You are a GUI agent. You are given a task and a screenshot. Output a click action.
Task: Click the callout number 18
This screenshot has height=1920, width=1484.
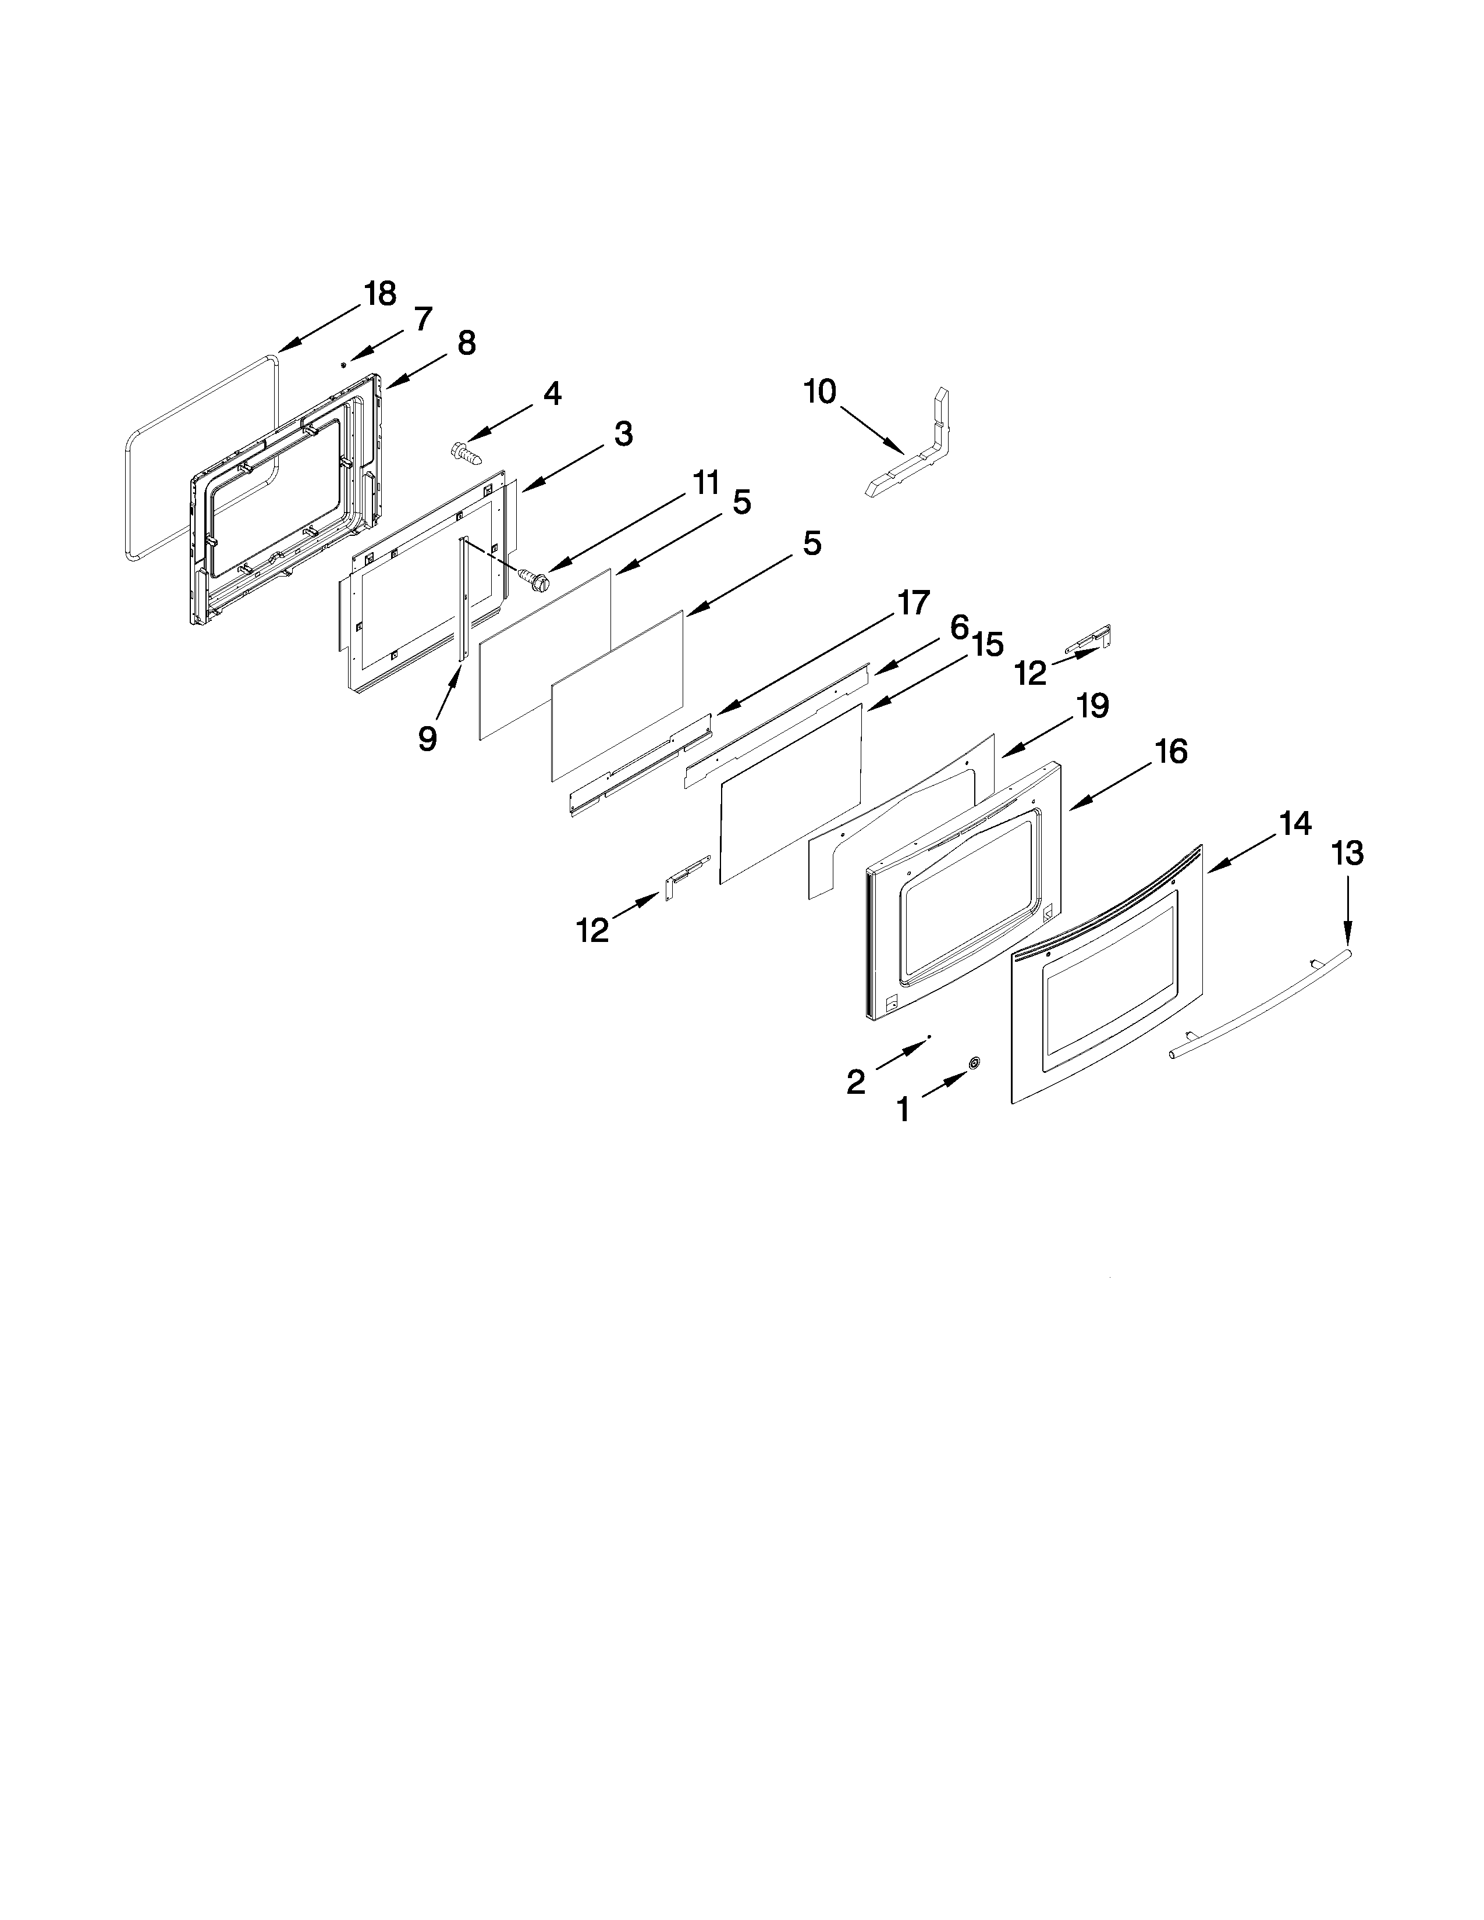(381, 294)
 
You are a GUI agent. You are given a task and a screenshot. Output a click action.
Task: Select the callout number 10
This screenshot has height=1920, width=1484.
(819, 392)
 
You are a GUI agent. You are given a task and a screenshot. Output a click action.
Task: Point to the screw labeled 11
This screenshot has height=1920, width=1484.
(531, 578)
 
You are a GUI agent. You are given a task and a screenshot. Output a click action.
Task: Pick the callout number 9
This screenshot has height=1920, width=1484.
(427, 738)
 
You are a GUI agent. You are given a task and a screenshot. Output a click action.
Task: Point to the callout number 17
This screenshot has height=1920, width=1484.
(913, 603)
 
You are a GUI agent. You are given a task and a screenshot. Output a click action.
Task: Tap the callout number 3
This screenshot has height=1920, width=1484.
(623, 433)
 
